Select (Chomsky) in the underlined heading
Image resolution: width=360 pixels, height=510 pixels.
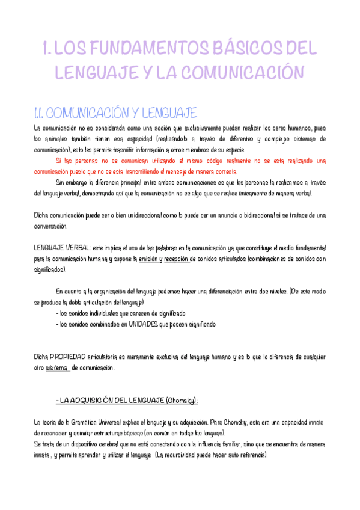(180, 401)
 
